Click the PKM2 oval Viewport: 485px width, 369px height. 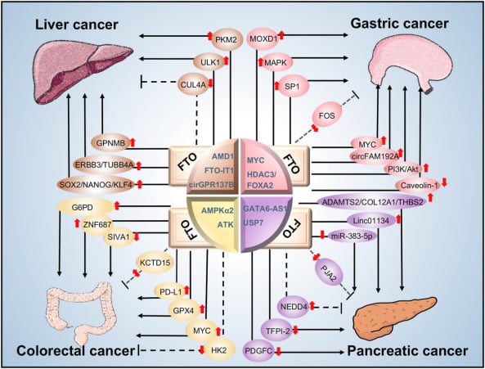[226, 39]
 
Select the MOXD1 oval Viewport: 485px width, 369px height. [263, 39]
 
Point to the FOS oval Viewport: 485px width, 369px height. [327, 115]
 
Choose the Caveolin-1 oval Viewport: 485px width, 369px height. [420, 186]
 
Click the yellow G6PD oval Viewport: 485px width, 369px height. [85, 207]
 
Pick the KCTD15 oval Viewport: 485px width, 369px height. [155, 263]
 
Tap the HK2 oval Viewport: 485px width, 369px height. [219, 350]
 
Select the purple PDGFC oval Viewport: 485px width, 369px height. [258, 351]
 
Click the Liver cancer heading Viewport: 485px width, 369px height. [77, 25]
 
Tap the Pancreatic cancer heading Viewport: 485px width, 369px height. [407, 351]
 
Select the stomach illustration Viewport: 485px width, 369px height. [413, 63]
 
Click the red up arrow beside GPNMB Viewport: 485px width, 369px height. [132, 142]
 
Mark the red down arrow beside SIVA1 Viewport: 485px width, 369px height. [136, 236]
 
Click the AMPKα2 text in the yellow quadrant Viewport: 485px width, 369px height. [218, 210]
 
